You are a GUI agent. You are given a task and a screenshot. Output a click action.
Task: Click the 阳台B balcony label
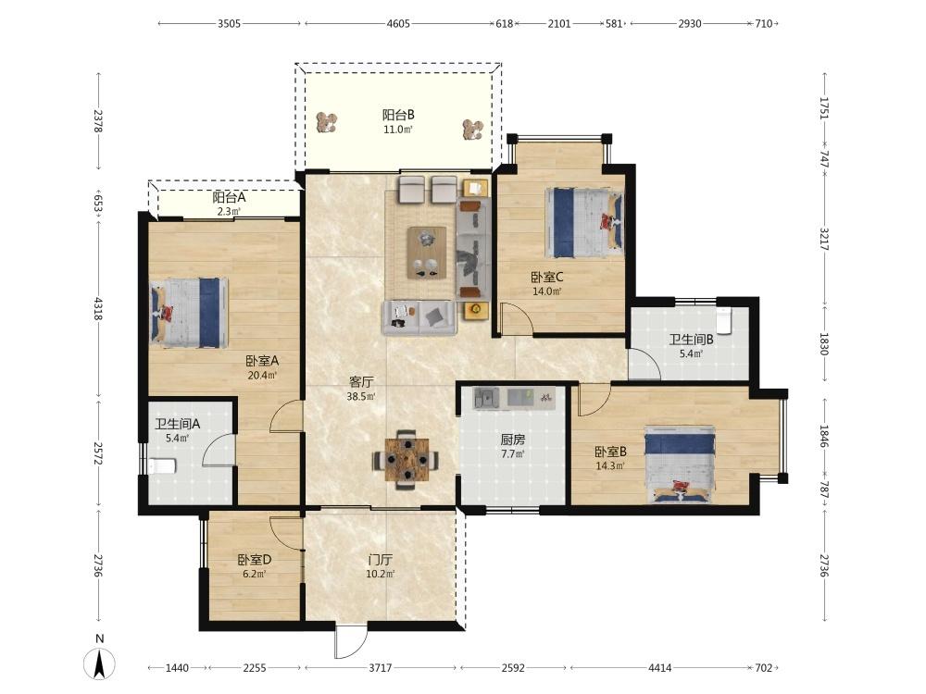pos(398,115)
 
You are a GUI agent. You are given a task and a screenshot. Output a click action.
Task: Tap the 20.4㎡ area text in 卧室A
pos(262,376)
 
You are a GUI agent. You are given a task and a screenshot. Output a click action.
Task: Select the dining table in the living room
pos(406,460)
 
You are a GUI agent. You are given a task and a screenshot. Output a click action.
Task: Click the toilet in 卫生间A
pos(162,465)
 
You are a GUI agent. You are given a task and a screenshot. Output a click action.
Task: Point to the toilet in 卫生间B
pos(724,319)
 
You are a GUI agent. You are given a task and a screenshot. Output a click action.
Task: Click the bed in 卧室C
pos(584,222)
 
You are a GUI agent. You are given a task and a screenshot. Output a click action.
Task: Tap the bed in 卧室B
pos(680,465)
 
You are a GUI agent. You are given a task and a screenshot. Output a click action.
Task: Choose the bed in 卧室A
pos(189,313)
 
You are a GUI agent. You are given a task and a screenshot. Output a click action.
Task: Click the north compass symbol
pos(100,663)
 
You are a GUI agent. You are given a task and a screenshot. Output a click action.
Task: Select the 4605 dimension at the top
pos(398,24)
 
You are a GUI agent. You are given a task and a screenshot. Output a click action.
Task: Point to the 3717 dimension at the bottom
pos(381,668)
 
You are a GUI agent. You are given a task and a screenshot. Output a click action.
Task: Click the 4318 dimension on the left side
pos(98,309)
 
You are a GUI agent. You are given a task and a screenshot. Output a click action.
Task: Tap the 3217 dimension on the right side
pos(825,239)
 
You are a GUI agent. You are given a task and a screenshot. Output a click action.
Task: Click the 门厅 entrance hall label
pos(381,560)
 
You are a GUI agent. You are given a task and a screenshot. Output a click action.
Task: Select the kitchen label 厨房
pos(513,440)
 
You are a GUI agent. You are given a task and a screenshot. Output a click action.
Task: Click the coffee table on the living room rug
pos(426,253)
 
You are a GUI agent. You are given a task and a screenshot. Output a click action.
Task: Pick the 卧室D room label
pos(255,560)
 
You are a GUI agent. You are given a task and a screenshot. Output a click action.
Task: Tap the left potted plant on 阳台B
pos(326,123)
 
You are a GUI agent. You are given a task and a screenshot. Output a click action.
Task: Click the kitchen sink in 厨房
pos(486,398)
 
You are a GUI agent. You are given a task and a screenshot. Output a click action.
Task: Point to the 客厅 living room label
pos(361,382)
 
